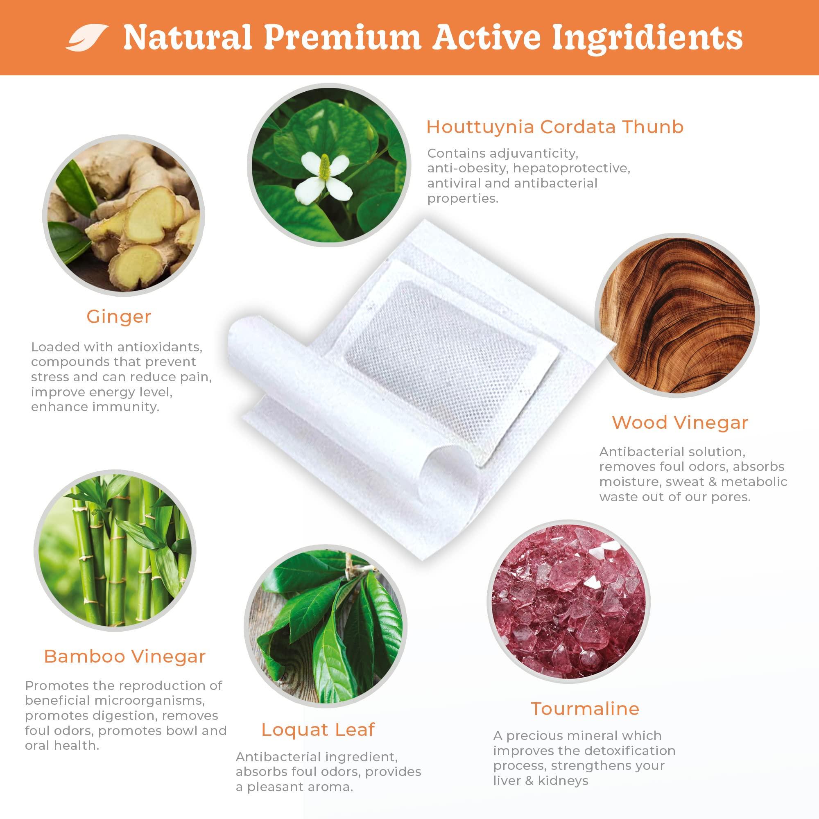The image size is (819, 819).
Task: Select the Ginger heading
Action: coord(119,317)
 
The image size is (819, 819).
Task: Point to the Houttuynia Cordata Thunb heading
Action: coord(555,127)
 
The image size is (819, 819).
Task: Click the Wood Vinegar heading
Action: coord(680,422)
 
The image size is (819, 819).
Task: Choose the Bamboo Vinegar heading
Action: coord(124,657)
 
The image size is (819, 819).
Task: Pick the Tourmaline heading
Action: coord(585,708)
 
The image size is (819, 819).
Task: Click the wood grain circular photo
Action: coord(676,315)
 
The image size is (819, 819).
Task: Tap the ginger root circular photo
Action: coord(123,216)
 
